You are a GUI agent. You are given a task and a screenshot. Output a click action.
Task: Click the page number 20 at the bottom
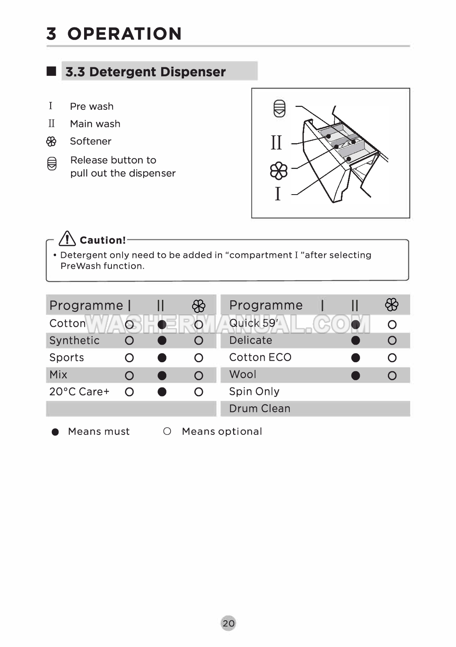[228, 623]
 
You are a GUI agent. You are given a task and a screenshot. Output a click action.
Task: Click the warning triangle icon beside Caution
[67, 239]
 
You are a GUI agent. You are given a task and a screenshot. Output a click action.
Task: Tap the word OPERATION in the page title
[125, 34]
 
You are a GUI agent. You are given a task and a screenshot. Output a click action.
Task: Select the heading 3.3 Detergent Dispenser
[145, 72]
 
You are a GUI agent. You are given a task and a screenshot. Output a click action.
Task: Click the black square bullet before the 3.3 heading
[51, 71]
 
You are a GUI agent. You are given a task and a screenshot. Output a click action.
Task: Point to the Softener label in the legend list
[91, 141]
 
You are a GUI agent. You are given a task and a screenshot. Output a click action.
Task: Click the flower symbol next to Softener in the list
[51, 142]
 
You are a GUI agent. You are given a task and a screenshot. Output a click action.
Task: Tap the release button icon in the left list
[52, 164]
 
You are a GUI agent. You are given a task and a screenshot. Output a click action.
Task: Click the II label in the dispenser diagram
[276, 143]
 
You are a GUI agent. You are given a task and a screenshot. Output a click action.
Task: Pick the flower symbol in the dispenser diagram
[279, 171]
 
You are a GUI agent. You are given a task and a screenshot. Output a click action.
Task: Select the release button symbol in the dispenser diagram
[279, 109]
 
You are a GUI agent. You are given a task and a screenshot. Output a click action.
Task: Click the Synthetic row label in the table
[74, 341]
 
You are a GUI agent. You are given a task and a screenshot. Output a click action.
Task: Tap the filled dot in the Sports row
[162, 358]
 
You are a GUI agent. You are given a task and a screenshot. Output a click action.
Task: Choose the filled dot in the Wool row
[356, 375]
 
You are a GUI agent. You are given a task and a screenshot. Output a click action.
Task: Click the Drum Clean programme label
[260, 408]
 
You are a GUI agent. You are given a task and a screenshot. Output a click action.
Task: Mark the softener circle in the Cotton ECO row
[392, 358]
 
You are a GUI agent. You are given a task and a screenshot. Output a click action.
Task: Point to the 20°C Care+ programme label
[79, 392]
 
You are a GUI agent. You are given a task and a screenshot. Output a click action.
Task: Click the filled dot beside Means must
[56, 432]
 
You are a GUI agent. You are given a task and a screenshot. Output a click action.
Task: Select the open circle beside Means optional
[167, 431]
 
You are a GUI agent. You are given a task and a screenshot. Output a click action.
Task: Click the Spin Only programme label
[254, 392]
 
